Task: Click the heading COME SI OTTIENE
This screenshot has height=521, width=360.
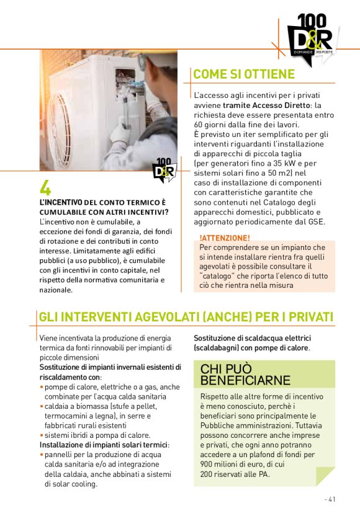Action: [x=244, y=74]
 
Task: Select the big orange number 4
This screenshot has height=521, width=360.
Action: [x=45, y=188]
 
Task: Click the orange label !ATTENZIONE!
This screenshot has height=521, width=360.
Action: [x=225, y=238]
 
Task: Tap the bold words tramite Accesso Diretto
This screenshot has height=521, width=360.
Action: [x=276, y=105]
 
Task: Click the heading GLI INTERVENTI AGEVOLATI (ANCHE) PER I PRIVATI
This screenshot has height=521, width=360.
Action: [x=186, y=317]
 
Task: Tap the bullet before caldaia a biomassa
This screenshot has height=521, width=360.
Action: [x=42, y=406]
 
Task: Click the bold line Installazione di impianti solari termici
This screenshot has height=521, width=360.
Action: [x=104, y=445]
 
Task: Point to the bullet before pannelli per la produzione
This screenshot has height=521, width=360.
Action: [x=42, y=455]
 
